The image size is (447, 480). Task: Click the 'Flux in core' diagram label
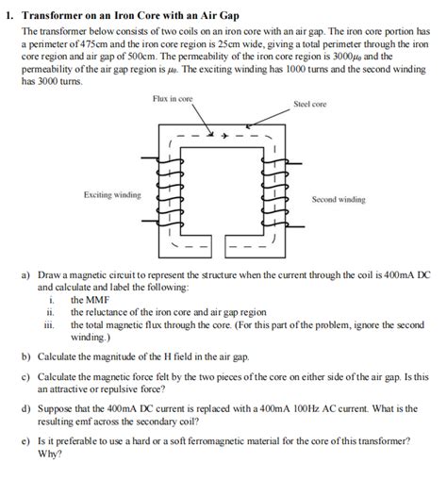click(x=172, y=98)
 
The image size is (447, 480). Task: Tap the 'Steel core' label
click(x=309, y=104)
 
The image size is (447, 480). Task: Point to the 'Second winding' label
click(x=339, y=200)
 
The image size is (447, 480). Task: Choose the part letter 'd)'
click(x=26, y=408)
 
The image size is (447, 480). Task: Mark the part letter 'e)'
click(x=26, y=441)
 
